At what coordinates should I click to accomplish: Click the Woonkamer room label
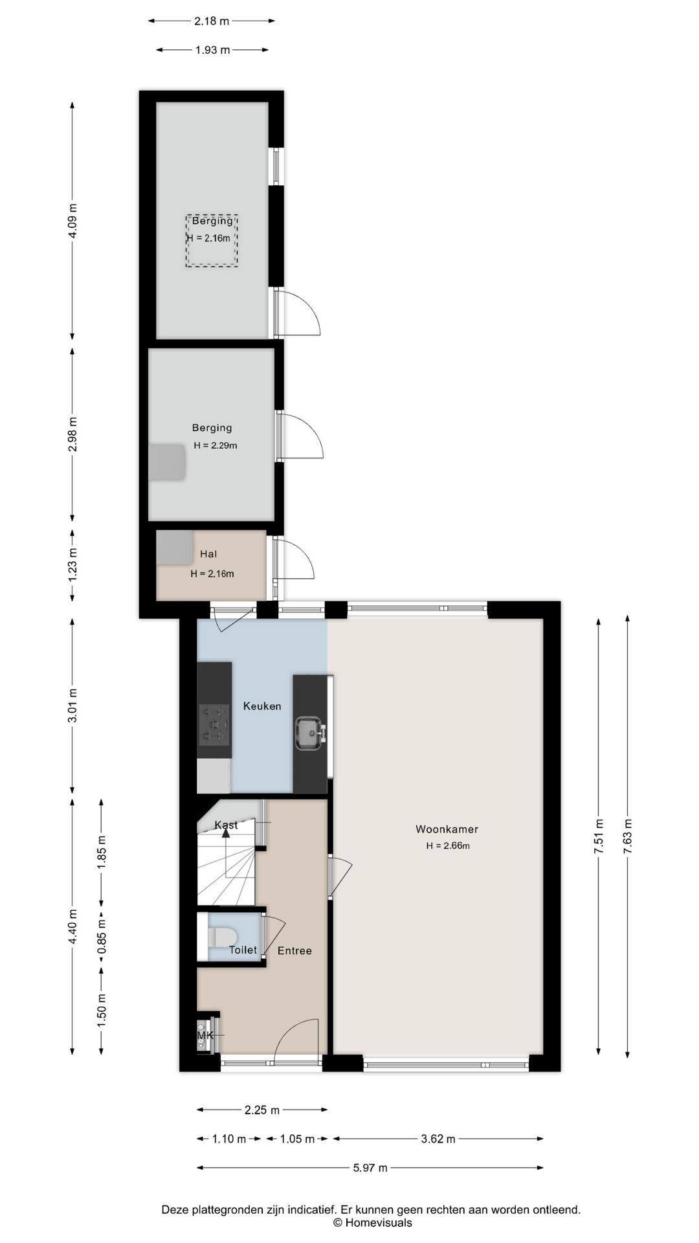coord(447,829)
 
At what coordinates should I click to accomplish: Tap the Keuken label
coord(262,706)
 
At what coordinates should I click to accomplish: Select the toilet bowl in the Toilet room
coord(221,937)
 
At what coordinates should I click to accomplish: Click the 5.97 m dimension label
coord(370,1168)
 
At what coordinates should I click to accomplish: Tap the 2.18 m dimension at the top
coord(212,21)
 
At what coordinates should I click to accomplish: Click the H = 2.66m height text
coord(448,845)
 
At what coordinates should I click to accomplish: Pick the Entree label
coord(294,950)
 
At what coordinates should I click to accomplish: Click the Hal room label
coord(208,554)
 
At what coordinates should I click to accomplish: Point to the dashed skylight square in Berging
coord(212,241)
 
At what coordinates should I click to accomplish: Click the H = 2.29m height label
coord(216,445)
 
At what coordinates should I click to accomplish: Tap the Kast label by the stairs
coord(226,825)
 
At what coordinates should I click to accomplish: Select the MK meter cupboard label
coord(205,1036)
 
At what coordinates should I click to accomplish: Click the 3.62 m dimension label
coord(438,1139)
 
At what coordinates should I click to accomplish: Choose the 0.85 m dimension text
coord(102,936)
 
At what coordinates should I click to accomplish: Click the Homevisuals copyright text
coord(372,1223)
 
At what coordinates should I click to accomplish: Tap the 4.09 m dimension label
coord(73,221)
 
